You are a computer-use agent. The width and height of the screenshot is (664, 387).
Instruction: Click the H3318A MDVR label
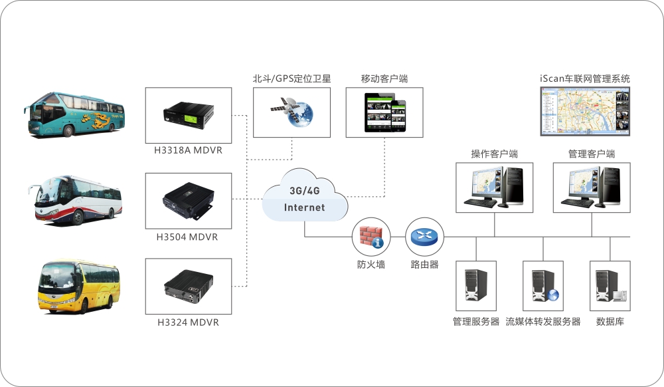pos(189,150)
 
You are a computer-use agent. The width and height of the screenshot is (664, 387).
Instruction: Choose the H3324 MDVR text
pos(188,322)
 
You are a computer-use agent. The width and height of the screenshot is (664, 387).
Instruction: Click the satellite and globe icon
pos(292,112)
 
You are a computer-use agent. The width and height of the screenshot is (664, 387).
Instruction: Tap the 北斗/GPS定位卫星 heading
pos(291,78)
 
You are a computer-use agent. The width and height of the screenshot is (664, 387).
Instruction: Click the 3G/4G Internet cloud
pos(305,197)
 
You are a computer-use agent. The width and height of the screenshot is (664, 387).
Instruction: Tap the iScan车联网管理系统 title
pos(585,78)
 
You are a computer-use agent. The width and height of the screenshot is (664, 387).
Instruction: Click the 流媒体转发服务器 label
pos(543,322)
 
